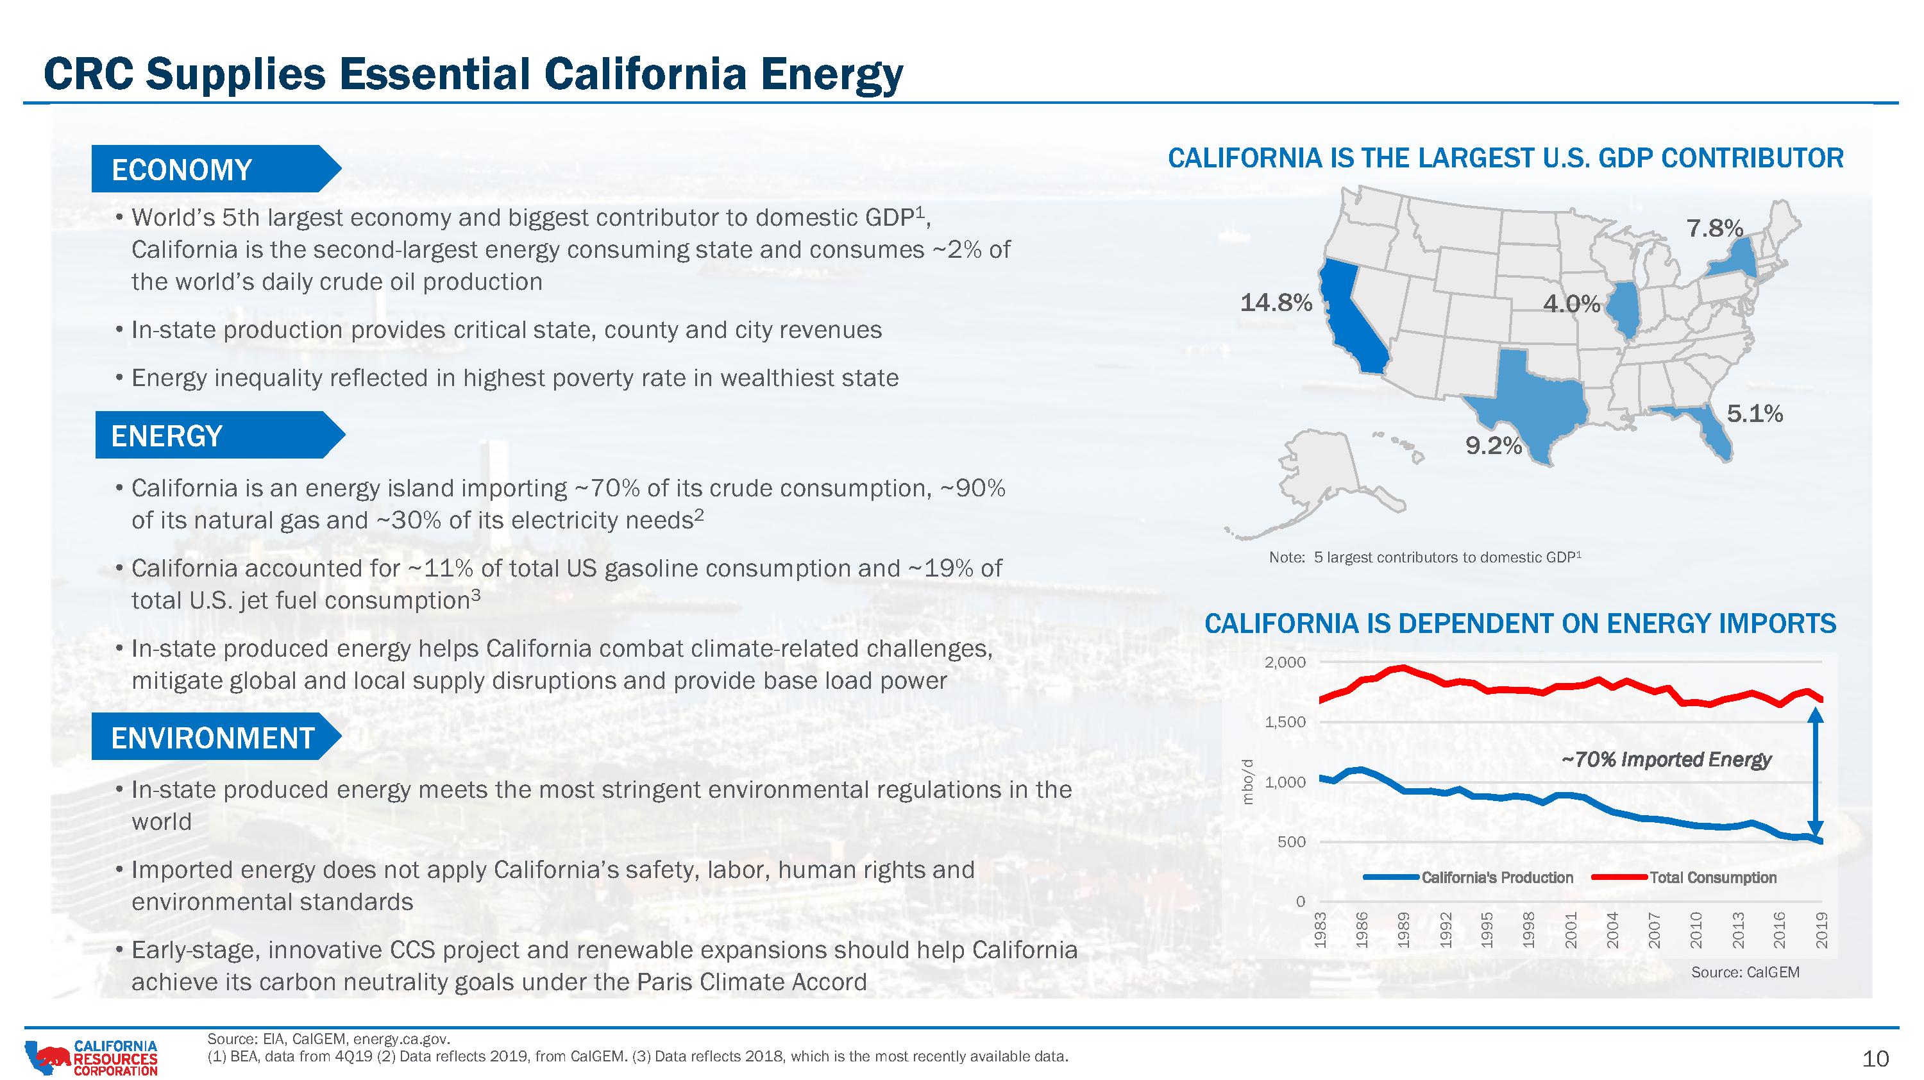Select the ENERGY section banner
219,435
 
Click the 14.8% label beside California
1276,303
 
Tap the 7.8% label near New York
1715,228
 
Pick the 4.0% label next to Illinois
1572,304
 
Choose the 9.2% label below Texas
1494,446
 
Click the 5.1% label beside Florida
1755,414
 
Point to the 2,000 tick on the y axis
1285,662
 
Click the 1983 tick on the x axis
1321,931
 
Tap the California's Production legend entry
1469,877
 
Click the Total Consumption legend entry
1684,877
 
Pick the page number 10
1876,1059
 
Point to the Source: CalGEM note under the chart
1746,972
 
